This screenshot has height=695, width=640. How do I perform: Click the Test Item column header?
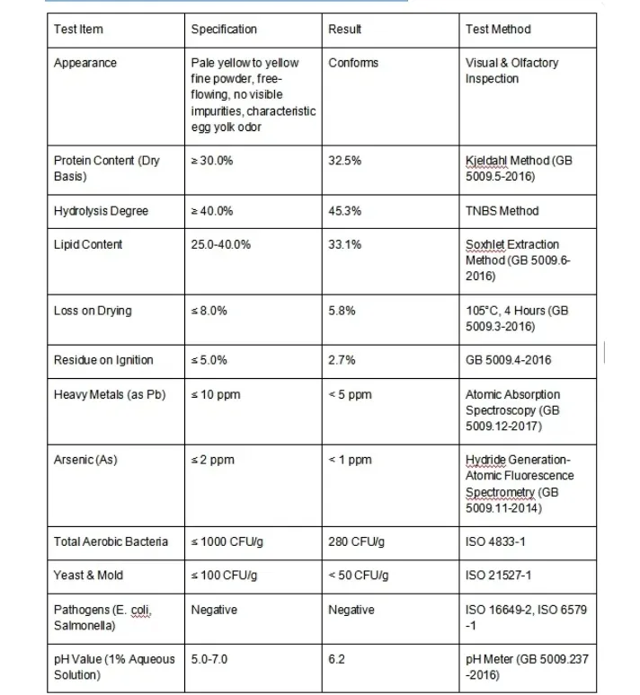[78, 30]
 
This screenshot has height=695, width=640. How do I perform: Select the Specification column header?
[224, 30]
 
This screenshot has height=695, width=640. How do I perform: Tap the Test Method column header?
[498, 30]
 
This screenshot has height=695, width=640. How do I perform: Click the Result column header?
[345, 30]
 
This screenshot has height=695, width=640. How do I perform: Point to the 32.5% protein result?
[345, 161]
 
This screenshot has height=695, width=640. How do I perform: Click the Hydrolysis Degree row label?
[101, 211]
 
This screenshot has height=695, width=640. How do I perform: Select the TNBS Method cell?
[502, 211]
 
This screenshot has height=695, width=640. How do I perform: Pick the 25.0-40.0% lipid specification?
[221, 244]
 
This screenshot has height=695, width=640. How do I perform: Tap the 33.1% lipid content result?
[345, 244]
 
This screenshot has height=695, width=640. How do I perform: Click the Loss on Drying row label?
[93, 311]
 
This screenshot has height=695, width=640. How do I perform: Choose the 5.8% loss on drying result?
[342, 311]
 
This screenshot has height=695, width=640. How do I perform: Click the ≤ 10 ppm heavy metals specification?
[216, 394]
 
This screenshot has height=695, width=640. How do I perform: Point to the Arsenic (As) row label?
[85, 460]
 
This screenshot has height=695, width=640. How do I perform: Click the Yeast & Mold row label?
[88, 575]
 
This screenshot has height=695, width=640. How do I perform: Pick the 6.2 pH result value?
[337, 659]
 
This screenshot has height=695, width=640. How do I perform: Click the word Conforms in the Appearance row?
[353, 63]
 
